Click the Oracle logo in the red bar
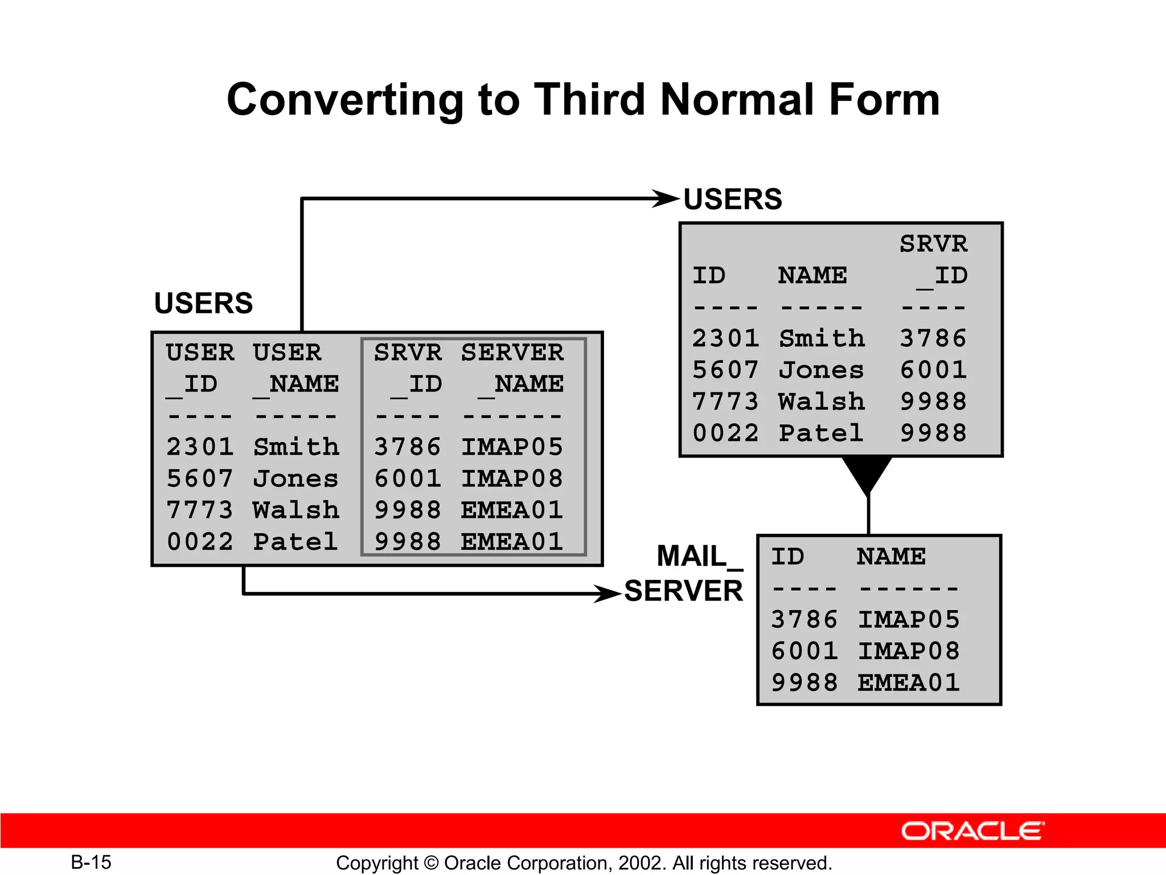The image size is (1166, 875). pos(972,831)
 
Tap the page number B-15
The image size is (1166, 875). pos(91,862)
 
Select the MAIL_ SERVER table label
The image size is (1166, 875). pos(684,573)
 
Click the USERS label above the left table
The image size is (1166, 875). pos(203,303)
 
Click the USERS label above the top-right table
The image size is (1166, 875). pos(733,199)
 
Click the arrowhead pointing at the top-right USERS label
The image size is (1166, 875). pos(666,199)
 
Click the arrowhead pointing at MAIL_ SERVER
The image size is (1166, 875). pos(607,594)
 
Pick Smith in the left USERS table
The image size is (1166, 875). pos(296,447)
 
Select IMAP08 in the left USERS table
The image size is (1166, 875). pos(512,479)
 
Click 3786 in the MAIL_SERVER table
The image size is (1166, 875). pos(804,620)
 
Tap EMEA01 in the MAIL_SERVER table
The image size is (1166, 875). pos(909,682)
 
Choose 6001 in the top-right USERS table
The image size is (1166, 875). pos(933,370)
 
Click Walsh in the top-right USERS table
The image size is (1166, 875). pos(822,402)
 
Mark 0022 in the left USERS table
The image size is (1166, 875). pos(200,542)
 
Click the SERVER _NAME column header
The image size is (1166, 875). pos(512,367)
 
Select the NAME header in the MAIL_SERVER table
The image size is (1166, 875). pos(891,557)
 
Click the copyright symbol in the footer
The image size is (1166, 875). pos(431,862)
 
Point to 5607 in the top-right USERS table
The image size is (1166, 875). pos(725,370)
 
